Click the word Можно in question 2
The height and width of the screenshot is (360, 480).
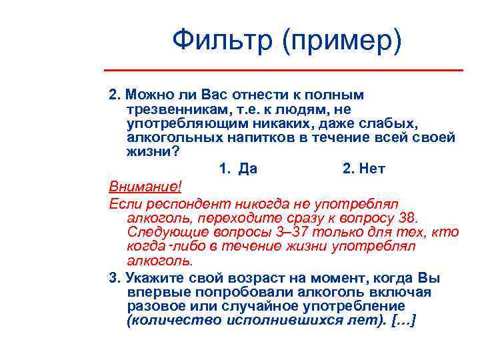pyautogui.click(x=151, y=94)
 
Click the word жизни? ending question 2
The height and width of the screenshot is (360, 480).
pyautogui.click(x=153, y=152)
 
